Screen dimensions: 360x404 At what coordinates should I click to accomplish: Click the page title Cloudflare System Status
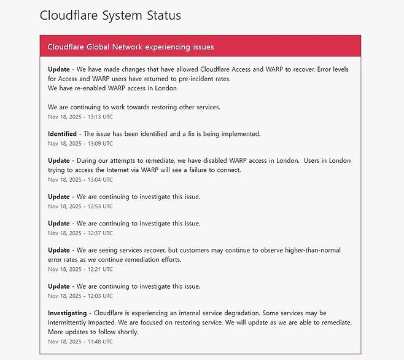[x=111, y=15]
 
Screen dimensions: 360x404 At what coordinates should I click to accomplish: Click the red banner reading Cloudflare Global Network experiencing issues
[x=131, y=47]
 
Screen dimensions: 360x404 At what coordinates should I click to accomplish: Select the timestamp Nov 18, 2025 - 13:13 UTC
[x=80, y=117]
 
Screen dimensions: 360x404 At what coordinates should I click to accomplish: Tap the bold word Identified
[x=63, y=133]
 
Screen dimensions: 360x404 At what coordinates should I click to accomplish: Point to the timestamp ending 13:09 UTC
[x=80, y=144]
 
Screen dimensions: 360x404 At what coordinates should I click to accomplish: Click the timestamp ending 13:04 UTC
[x=80, y=180]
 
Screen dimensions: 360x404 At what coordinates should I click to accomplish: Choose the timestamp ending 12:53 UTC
[x=80, y=206]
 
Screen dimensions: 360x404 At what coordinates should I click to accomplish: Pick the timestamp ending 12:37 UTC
[x=80, y=233]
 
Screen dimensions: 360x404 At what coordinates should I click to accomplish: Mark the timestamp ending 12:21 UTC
[x=80, y=270]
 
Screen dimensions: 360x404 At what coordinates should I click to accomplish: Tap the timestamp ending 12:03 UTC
[x=80, y=296]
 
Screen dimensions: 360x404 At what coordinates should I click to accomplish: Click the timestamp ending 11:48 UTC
[x=80, y=342]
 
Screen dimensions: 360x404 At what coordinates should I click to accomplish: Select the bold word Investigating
[x=68, y=313]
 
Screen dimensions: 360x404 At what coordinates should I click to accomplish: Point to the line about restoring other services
[x=134, y=107]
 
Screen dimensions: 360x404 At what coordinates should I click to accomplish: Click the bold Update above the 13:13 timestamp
[x=59, y=69]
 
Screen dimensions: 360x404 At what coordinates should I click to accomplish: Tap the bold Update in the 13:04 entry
[x=59, y=160]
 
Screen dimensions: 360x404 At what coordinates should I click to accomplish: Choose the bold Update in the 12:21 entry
[x=59, y=250]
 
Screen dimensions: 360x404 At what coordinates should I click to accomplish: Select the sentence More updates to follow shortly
[x=93, y=332]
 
